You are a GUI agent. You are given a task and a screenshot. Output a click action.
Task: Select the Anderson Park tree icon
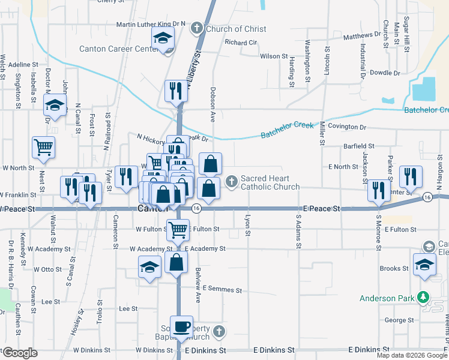pyautogui.click(x=423, y=297)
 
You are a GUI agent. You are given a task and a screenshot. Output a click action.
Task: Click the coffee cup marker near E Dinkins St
pyautogui.click(x=181, y=327)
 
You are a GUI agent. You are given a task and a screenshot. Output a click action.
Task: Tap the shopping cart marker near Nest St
pyautogui.click(x=44, y=147)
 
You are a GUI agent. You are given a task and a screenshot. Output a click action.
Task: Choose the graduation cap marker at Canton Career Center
pyautogui.click(x=162, y=38)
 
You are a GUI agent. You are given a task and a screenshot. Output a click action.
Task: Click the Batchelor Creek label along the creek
pyautogui.click(x=288, y=129)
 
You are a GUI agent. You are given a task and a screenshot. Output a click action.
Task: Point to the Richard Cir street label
pyautogui.click(x=240, y=43)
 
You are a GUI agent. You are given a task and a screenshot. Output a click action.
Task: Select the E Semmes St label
pyautogui.click(x=222, y=289)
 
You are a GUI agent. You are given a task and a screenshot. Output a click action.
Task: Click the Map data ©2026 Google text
pyautogui.click(x=412, y=355)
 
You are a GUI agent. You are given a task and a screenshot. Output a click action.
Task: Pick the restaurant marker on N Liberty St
pyautogui.click(x=176, y=91)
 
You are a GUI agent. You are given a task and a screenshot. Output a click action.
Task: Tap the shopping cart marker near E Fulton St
pyautogui.click(x=178, y=229)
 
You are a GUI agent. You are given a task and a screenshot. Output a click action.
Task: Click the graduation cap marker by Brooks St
pyautogui.click(x=424, y=265)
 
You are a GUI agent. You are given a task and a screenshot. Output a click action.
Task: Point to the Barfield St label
pyautogui.click(x=358, y=146)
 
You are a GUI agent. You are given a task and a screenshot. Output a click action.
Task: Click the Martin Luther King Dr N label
pyautogui.click(x=151, y=24)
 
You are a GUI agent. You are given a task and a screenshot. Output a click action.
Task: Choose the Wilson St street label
pyautogui.click(x=274, y=56)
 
